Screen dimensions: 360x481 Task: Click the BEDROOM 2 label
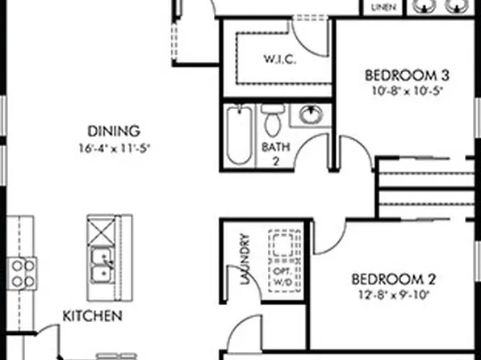[x=394, y=280]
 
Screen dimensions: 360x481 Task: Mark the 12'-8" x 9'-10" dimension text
[x=394, y=295]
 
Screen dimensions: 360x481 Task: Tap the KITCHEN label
[x=94, y=316]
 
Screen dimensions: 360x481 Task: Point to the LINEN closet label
[x=383, y=7]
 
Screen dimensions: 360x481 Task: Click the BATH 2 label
[x=271, y=154]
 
